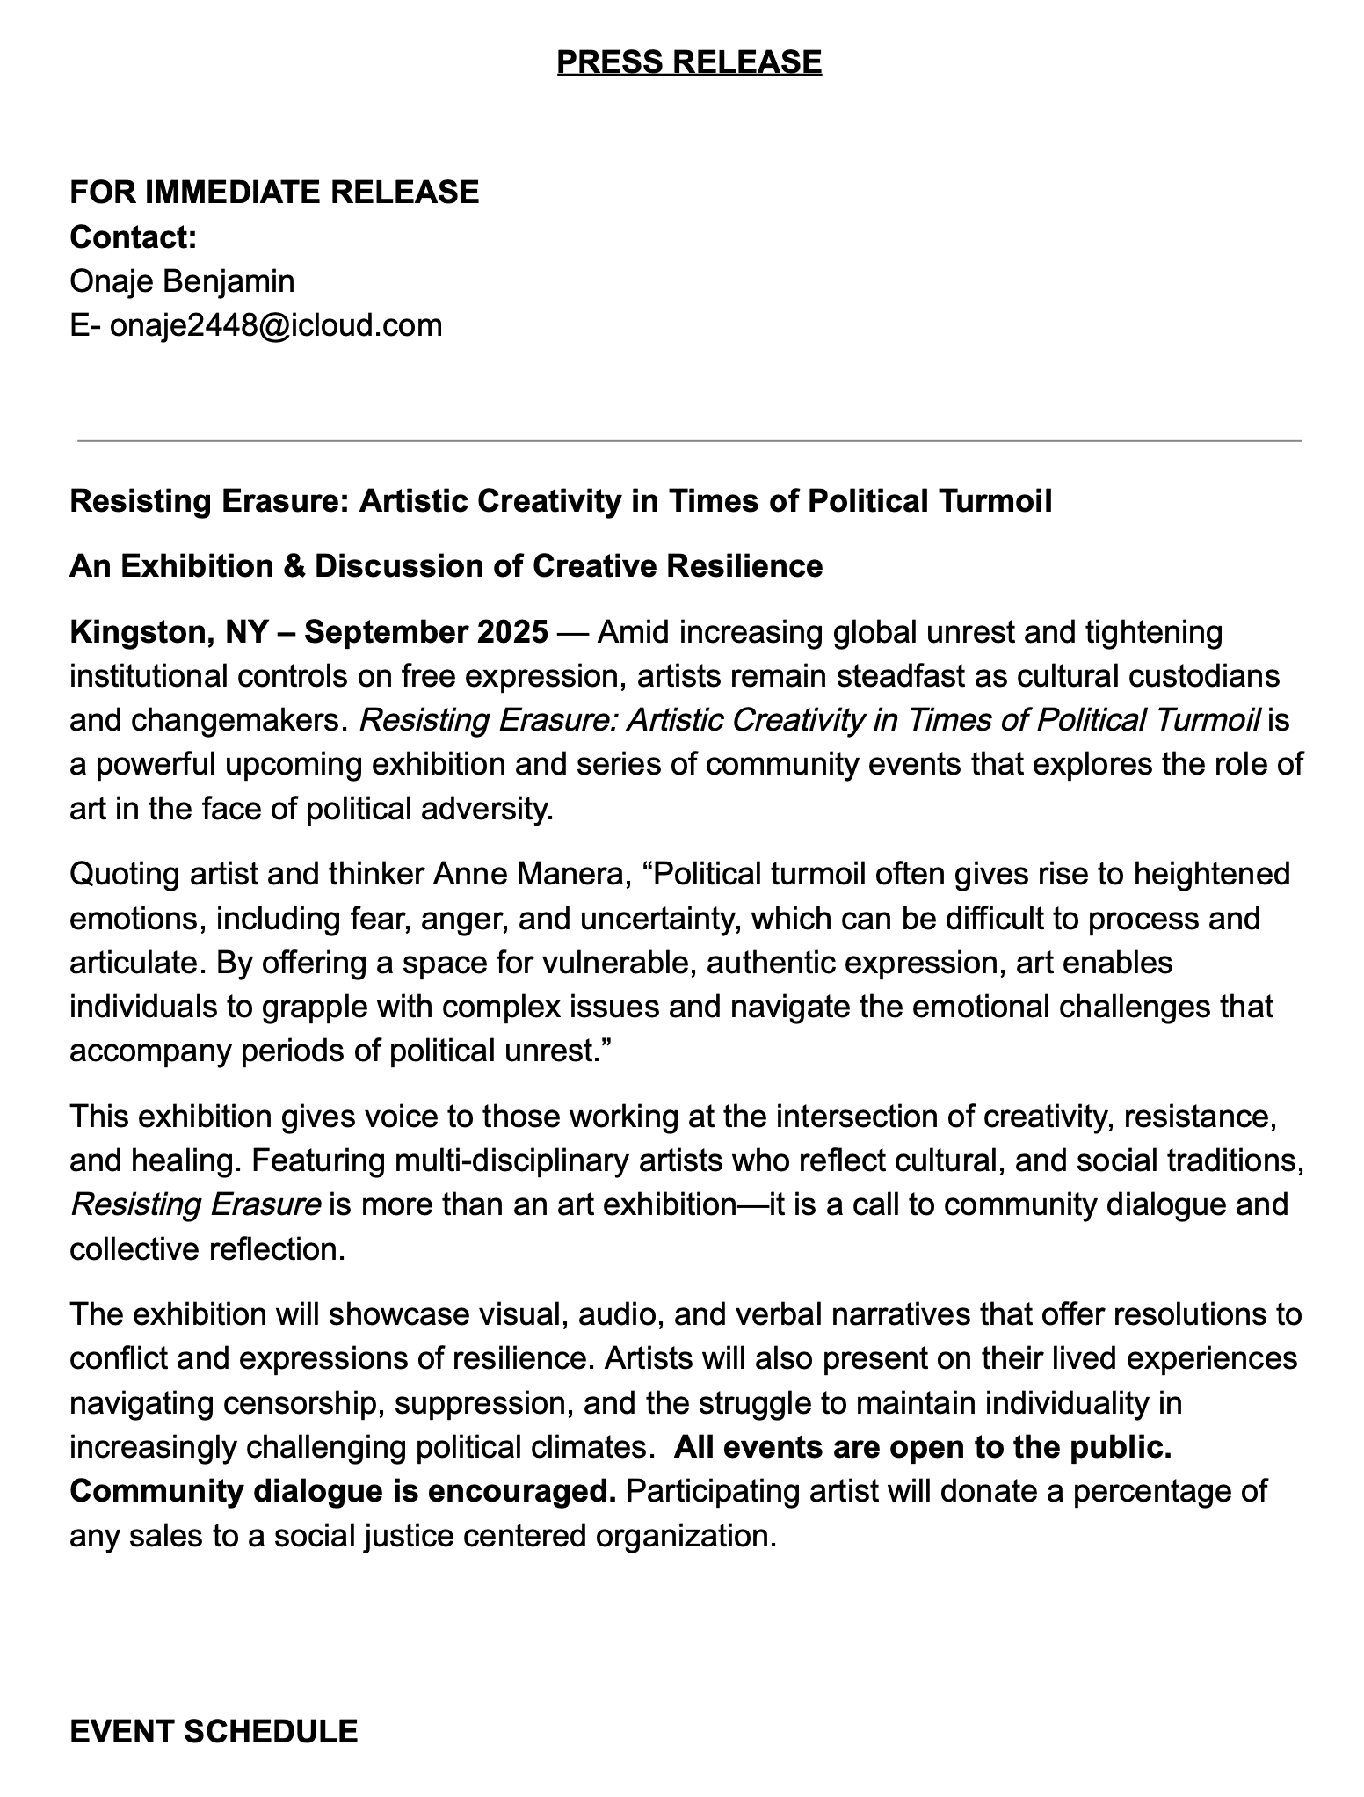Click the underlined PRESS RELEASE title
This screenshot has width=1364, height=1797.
tap(689, 62)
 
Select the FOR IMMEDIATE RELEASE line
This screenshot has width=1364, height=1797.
tap(274, 192)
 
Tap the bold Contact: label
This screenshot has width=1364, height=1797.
tap(133, 236)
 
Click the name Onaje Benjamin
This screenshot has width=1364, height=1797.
tap(182, 281)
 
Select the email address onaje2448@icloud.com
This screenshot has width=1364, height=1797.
tap(276, 325)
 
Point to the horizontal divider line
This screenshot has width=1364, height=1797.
tap(689, 440)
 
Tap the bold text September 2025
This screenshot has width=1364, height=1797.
tap(426, 631)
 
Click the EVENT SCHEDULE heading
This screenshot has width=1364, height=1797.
tap(214, 1731)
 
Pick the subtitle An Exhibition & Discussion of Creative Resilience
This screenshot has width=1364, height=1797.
tap(446, 565)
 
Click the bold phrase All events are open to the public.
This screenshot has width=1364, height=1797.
tap(923, 1447)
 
